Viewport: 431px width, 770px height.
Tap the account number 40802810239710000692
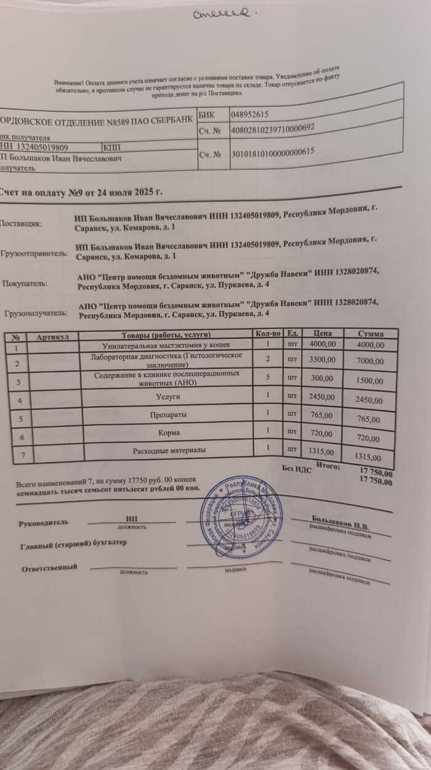coord(272,129)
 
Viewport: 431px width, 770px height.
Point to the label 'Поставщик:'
coord(22,223)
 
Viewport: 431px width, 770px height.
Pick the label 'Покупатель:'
coord(24,284)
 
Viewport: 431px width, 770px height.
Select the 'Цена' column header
coord(322,333)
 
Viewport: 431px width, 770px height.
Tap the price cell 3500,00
coord(321,358)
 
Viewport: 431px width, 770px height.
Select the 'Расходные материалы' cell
coord(170,451)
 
